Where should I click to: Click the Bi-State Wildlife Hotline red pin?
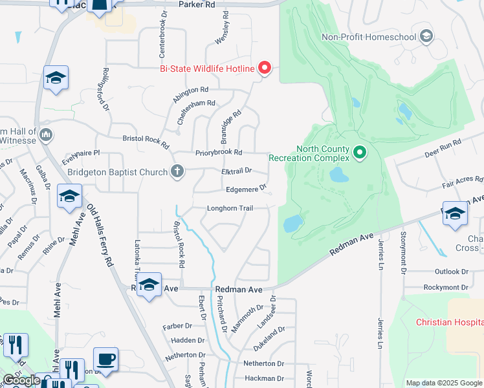tap(265, 67)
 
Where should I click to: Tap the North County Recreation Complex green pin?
tap(360, 153)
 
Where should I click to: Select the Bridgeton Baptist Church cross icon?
tap(177, 172)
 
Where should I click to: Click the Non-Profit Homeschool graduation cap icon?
tap(426, 36)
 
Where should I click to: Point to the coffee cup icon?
tap(105, 360)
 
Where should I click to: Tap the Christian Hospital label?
tap(449, 322)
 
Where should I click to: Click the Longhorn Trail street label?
tap(229, 208)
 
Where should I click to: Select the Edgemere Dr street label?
tap(247, 189)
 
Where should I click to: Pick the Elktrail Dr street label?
tap(236, 171)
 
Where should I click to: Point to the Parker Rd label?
tap(196, 4)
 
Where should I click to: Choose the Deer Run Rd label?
tap(442, 148)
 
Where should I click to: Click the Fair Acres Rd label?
tap(462, 184)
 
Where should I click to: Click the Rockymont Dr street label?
tap(445, 287)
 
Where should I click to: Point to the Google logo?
tap(21, 380)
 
